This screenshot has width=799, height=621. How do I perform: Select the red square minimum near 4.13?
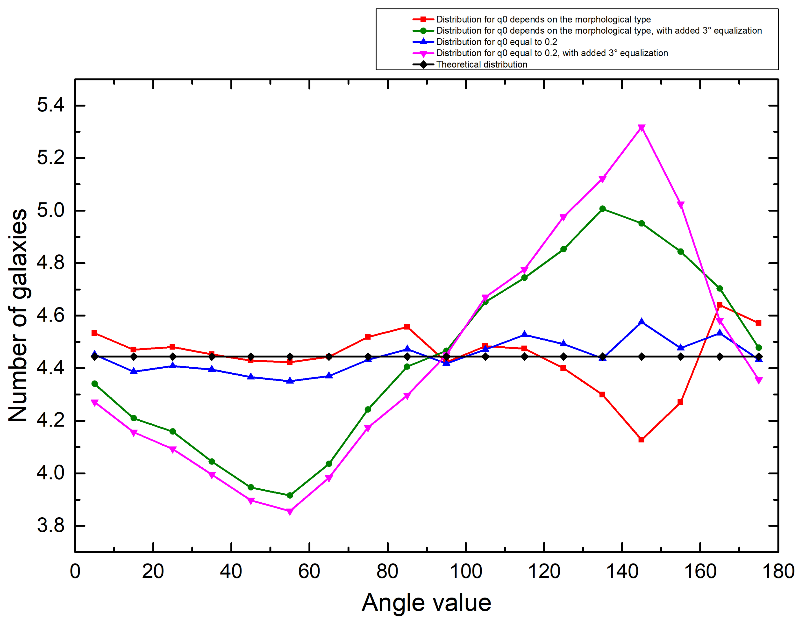pos(641,440)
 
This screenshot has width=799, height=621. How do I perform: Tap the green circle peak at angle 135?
pos(603,209)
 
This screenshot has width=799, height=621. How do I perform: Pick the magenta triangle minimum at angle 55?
pos(290,511)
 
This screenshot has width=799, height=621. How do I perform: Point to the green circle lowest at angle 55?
pos(290,495)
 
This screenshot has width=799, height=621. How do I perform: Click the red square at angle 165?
pos(720,305)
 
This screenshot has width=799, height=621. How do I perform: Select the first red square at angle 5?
pos(94,333)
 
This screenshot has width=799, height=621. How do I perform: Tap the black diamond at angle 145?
pos(641,357)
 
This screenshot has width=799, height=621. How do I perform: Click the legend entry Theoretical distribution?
pos(481,64)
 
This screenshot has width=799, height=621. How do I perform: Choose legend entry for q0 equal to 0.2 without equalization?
pos(496,42)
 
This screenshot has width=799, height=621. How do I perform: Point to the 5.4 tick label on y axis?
pos(50,105)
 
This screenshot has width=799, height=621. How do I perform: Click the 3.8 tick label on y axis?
pos(50,526)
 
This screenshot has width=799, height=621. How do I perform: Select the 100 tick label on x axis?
pos(466,571)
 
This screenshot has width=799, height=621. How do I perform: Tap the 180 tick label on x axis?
pos(778,571)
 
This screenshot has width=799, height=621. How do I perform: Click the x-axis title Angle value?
pos(426,603)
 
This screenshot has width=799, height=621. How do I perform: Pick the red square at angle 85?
pos(407,327)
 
